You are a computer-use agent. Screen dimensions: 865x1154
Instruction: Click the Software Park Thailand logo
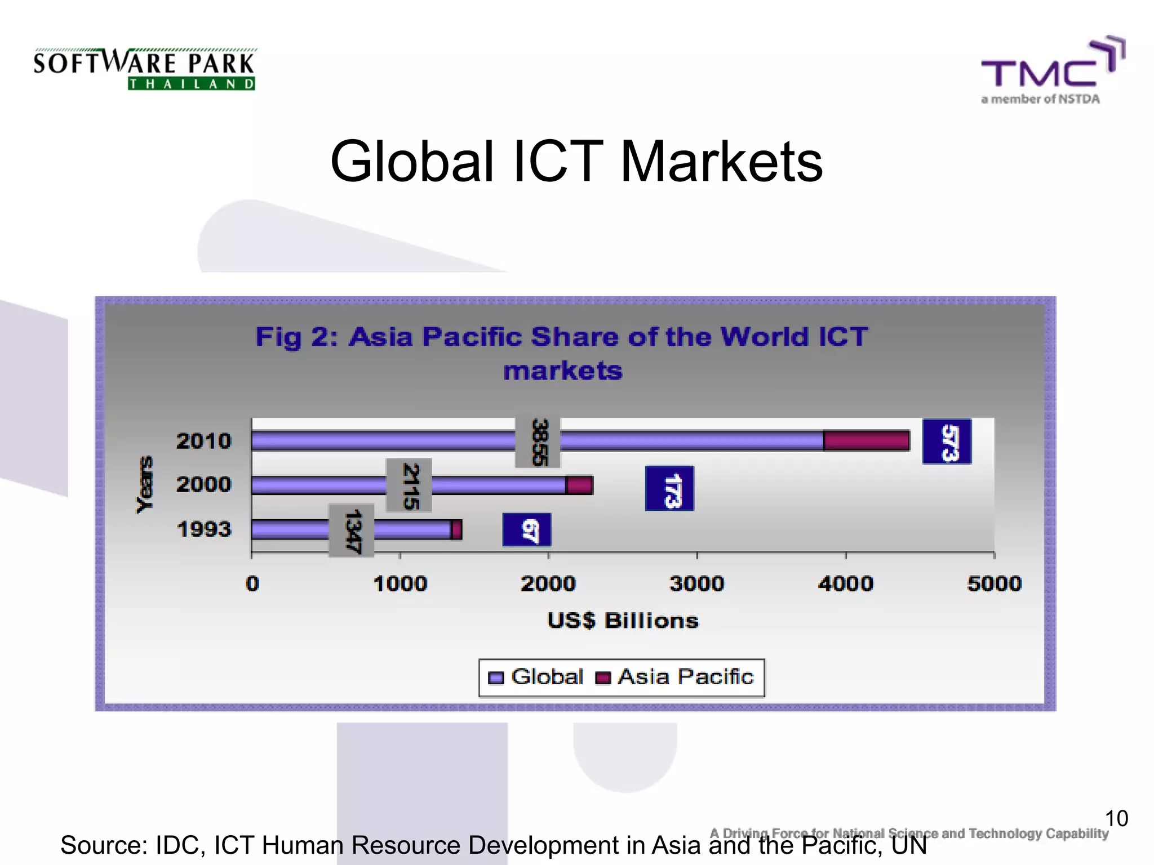coord(144,69)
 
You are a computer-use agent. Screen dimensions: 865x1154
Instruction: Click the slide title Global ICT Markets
coord(576,162)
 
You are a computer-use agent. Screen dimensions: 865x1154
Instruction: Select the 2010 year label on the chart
coord(203,441)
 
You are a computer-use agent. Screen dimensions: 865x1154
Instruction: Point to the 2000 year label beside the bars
coord(203,484)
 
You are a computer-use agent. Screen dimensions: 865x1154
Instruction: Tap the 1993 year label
coord(203,529)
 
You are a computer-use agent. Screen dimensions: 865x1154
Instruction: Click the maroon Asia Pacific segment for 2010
coord(866,440)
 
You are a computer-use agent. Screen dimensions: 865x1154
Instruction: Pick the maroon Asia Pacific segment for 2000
coord(579,485)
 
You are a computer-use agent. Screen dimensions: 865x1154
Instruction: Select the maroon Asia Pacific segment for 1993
coord(456,529)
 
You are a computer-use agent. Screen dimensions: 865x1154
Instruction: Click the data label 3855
coord(538,442)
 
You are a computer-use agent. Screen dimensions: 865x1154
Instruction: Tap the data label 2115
coord(410,485)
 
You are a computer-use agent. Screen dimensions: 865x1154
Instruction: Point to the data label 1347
coord(352,530)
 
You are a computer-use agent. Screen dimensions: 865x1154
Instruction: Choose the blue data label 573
coord(947,442)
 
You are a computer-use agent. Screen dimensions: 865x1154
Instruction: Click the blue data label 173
coord(669,489)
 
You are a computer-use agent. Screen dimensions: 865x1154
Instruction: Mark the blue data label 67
coord(527,530)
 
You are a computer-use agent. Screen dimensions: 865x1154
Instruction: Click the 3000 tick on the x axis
coord(696,583)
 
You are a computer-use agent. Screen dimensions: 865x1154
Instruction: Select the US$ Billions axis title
coord(623,621)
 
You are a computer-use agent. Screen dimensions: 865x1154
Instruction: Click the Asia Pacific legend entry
coord(676,677)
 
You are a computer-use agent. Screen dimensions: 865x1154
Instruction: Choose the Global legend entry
coord(536,677)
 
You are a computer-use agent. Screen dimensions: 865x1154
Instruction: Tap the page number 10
coord(1116,818)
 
